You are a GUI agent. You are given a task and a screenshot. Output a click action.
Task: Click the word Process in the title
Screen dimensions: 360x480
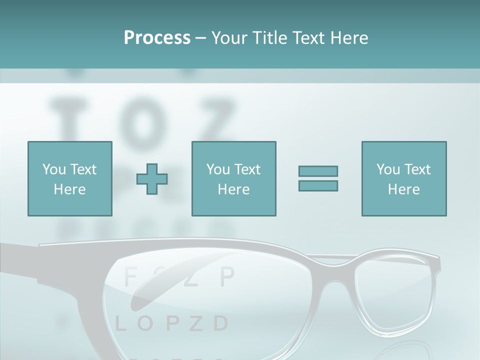(x=157, y=37)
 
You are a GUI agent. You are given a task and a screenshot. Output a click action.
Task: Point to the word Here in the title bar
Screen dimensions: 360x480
(x=348, y=37)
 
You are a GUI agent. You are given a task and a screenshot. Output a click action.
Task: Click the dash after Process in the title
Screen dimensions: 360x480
(x=201, y=38)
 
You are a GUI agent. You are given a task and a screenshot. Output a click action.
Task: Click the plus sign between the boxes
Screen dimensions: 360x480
(x=152, y=178)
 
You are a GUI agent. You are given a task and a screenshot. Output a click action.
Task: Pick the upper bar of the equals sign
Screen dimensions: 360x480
(x=318, y=171)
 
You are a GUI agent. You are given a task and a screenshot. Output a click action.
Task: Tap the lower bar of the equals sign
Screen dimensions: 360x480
(x=318, y=185)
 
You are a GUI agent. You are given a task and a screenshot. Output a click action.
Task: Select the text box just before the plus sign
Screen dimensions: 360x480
(x=69, y=178)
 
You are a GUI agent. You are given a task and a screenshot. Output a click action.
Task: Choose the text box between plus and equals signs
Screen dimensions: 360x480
(x=233, y=178)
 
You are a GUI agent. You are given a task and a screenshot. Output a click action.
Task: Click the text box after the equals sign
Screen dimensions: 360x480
(x=403, y=178)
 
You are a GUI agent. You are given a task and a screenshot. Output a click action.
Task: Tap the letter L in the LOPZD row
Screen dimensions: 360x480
(x=120, y=324)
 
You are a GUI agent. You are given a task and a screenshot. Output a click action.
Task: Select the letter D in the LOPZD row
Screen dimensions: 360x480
(x=220, y=324)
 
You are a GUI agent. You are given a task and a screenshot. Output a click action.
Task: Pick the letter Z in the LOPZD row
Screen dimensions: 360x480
(x=196, y=324)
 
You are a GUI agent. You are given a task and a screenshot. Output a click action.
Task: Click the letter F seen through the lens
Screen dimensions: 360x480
(x=130, y=277)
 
